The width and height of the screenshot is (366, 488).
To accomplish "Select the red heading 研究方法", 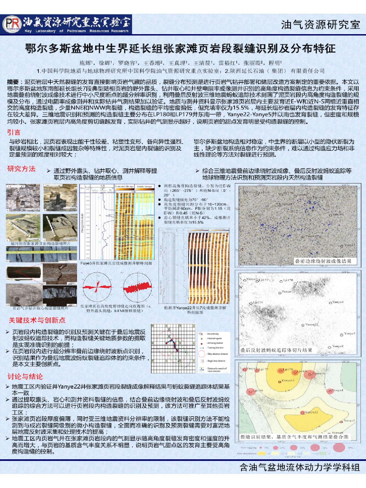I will [21, 169].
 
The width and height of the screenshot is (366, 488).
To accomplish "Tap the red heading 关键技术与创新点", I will [37, 320].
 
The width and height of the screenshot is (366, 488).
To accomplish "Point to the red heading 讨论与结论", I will [25, 376].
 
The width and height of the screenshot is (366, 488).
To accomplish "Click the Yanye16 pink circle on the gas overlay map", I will [310, 374].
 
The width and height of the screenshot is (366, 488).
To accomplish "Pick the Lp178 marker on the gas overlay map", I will [281, 371].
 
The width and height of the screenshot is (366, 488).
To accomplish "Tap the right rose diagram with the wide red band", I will [137, 288].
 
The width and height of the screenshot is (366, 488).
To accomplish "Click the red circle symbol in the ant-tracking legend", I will [201, 354].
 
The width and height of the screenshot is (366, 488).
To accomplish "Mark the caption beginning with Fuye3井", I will [116, 263].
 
